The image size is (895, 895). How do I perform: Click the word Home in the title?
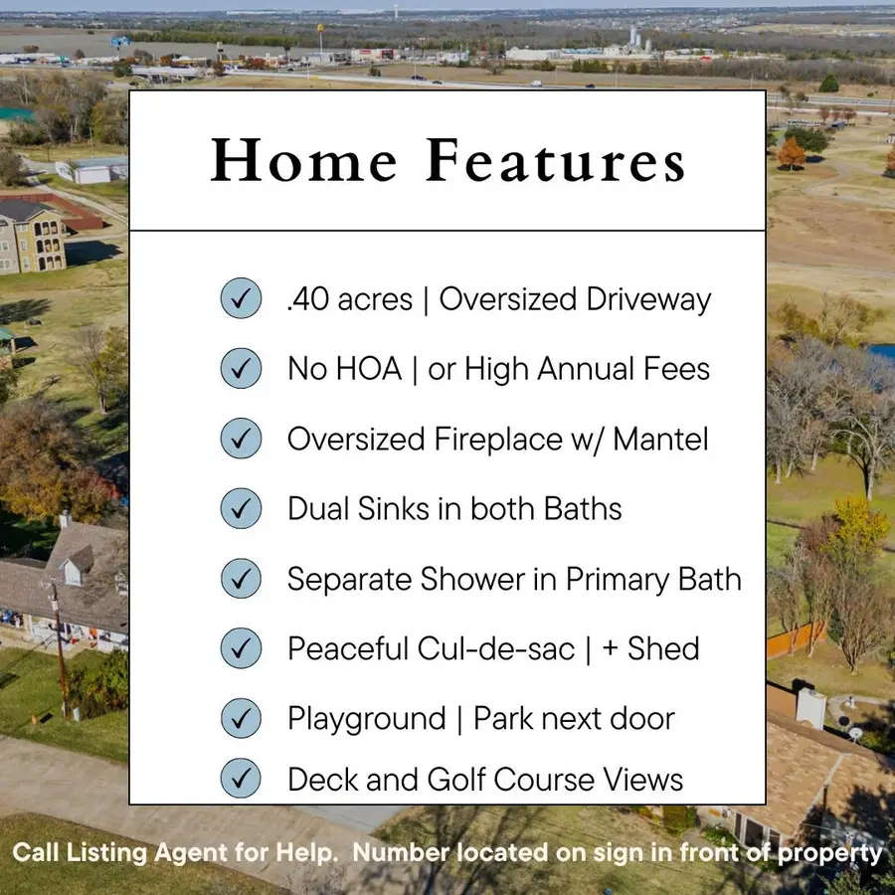pos(304,161)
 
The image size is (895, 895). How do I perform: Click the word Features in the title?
pos(556,161)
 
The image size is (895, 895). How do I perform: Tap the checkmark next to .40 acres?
pos(241,298)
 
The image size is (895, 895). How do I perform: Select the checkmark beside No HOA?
pos(241,369)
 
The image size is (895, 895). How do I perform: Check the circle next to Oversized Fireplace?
pos(241,439)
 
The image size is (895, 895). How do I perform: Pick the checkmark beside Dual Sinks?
pos(241,508)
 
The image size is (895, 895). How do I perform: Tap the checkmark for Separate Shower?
pos(241,578)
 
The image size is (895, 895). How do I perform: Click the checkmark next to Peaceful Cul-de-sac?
pos(241,648)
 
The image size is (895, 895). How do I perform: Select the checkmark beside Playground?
pos(241,718)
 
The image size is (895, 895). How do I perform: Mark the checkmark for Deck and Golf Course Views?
pos(241,780)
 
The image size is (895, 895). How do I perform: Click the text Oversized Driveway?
pos(575,299)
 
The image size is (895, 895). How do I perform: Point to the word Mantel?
pos(660,439)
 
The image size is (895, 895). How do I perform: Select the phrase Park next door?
pos(574,718)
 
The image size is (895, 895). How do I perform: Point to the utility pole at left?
pos(60,646)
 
